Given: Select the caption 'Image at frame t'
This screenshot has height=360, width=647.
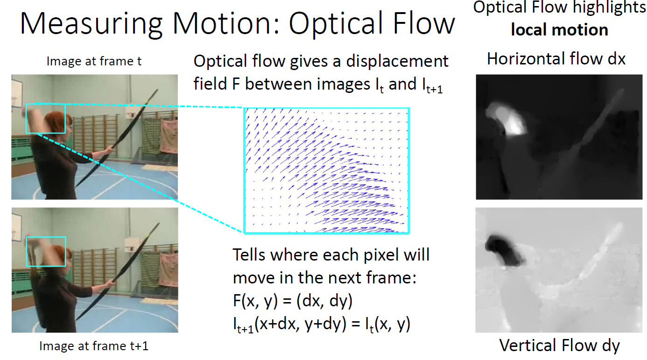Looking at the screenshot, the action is (x=94, y=61).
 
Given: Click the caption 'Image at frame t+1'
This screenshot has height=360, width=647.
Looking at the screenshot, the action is (x=94, y=346).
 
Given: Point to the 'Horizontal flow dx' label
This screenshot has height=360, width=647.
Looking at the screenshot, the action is (x=556, y=59).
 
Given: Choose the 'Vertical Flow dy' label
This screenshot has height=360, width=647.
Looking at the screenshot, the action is (x=560, y=345).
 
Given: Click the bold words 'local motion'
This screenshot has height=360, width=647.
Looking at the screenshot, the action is (x=560, y=29).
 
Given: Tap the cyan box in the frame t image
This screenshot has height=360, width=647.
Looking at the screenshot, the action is (x=46, y=104).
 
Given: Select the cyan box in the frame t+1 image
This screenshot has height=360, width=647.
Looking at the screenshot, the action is (x=46, y=237).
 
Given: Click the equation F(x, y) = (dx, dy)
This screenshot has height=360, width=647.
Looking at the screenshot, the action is (x=293, y=301).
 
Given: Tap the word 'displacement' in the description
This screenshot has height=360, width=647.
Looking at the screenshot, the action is (x=397, y=62).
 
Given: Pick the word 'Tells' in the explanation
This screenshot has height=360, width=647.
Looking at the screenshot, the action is (x=249, y=255).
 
